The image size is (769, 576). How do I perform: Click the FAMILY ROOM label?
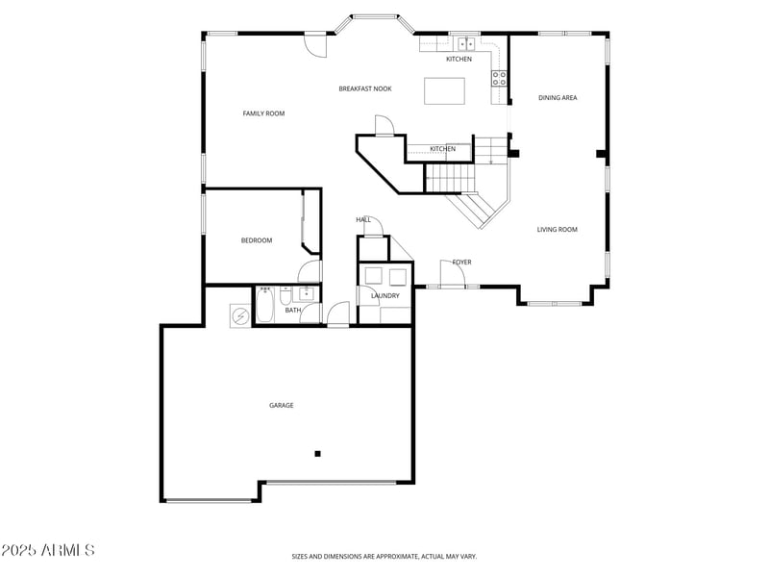(x=263, y=113)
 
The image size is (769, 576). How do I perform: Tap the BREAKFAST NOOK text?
(x=364, y=88)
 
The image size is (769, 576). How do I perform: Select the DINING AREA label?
(x=558, y=97)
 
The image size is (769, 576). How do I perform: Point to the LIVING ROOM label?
(x=557, y=229)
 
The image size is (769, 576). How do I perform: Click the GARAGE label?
(x=281, y=405)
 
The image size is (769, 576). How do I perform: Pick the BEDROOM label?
(x=257, y=240)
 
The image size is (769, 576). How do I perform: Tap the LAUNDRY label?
(x=384, y=295)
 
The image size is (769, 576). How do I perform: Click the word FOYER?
(x=461, y=262)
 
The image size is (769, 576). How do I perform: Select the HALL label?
(x=363, y=219)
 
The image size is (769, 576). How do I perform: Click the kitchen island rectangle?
(x=444, y=90)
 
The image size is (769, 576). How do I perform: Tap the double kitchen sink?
(x=466, y=43)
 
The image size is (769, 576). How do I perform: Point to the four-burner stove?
(x=499, y=78)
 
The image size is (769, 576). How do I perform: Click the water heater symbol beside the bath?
(x=239, y=314)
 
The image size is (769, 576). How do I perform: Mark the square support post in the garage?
(x=318, y=454)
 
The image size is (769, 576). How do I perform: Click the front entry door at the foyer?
(x=452, y=278)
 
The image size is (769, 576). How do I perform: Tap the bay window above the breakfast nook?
(x=374, y=17)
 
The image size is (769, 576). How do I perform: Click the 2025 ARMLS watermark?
(x=48, y=550)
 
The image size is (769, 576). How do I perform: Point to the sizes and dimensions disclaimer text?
(x=384, y=556)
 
